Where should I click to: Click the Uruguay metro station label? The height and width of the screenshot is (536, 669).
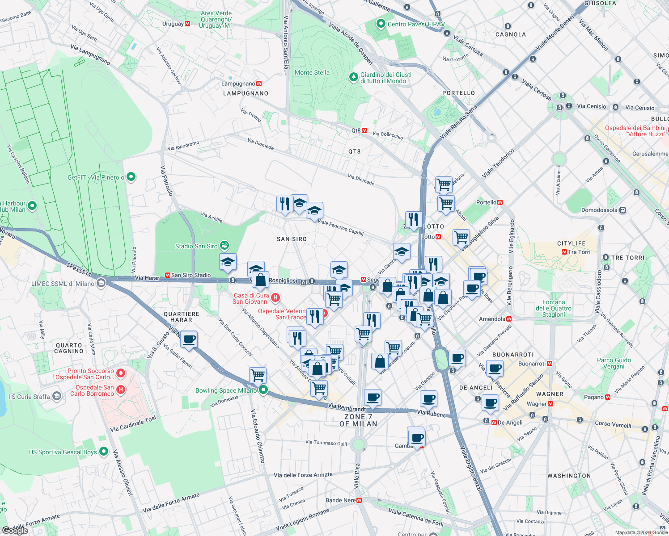[x=173, y=24]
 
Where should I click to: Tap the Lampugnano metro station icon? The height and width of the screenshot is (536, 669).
[x=259, y=84]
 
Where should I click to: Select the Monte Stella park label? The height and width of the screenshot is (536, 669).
[x=312, y=72]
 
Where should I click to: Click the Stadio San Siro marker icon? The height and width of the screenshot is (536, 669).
[x=224, y=246]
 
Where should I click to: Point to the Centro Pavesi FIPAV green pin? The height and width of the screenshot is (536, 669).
[x=381, y=24]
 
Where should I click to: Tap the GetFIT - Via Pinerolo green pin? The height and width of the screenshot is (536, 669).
[x=131, y=177]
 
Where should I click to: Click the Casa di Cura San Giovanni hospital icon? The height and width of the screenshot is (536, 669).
[x=275, y=297]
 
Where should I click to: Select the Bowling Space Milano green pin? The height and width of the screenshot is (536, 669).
[x=263, y=390]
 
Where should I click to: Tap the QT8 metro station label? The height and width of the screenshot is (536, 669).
[x=356, y=130]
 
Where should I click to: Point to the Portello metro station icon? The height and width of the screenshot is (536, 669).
[x=500, y=202]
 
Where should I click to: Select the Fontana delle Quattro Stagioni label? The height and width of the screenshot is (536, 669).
[x=554, y=308]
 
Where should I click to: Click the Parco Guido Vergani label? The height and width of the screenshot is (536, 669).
[x=614, y=363]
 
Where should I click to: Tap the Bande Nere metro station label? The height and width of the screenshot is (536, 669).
[x=340, y=500]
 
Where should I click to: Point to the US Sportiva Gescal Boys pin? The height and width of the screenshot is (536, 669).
[x=104, y=452]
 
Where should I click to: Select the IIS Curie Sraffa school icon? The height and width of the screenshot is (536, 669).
[x=56, y=396]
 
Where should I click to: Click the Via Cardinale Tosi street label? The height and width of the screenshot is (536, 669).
[x=133, y=423]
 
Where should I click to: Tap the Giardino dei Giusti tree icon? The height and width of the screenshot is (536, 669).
[x=354, y=77]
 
